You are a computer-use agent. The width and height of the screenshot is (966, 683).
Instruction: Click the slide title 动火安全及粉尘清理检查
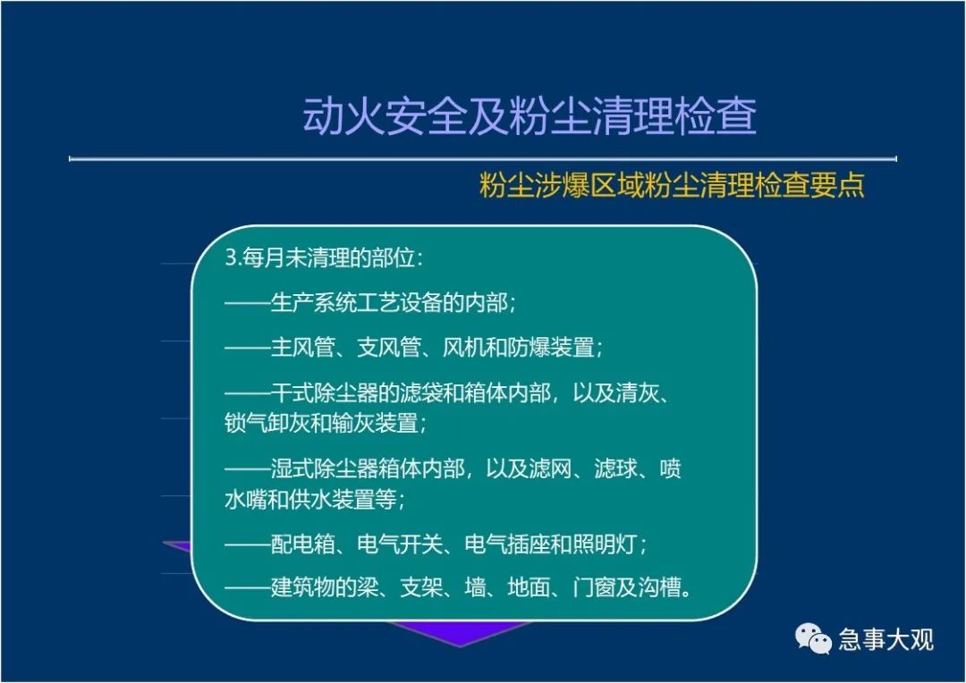530,116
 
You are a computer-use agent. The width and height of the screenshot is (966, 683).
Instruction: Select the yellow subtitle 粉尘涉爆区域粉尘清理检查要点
672,185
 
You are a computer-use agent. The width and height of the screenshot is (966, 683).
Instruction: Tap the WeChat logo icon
813,638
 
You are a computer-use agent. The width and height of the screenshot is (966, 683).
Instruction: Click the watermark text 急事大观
885,640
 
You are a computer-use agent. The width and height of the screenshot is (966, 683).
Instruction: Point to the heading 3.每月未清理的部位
324,257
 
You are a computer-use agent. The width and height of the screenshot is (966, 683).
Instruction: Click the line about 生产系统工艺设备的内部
370,302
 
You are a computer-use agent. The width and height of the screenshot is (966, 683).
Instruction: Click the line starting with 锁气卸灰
326,423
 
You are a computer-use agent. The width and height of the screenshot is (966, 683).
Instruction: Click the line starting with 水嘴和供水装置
315,499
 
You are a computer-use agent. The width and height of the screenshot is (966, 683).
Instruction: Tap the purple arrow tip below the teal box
460,646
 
